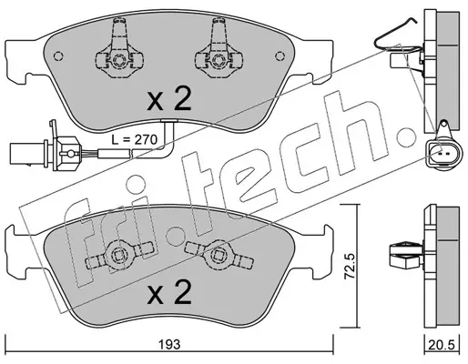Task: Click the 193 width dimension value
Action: tap(169, 344)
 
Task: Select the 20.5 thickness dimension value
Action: tap(442, 345)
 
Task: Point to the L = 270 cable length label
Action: tap(134, 140)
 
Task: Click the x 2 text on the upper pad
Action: tap(169, 98)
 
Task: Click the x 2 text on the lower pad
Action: tap(169, 291)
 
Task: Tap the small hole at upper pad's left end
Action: tap(58, 56)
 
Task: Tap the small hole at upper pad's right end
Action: tap(280, 56)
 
